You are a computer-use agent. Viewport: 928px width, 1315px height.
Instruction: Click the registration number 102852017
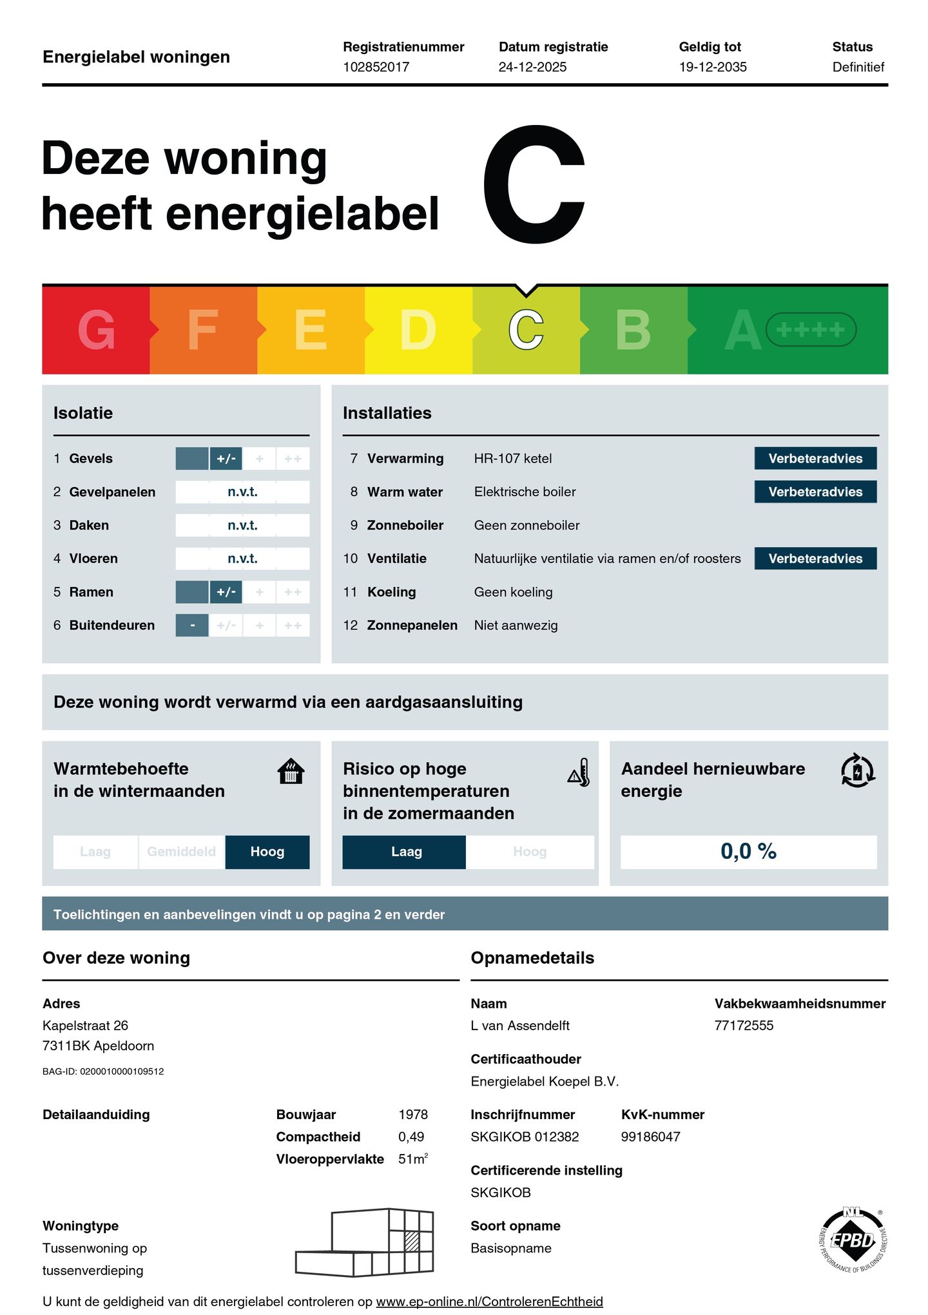click(376, 67)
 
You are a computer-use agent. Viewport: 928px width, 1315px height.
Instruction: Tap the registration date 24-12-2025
click(532, 67)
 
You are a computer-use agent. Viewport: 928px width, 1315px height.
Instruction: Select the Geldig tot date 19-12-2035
click(712, 67)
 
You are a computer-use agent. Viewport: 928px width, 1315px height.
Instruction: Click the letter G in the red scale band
click(96, 330)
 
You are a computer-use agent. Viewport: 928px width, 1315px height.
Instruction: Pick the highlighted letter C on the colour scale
click(526, 330)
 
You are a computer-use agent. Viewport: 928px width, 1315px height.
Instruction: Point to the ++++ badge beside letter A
click(810, 330)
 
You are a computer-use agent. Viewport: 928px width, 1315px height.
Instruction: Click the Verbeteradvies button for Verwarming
click(815, 458)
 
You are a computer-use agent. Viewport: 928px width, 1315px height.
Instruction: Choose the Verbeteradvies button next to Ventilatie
click(815, 559)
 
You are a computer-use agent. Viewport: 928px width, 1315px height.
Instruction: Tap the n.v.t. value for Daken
click(242, 525)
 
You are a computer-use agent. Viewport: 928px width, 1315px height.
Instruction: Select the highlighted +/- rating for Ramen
click(226, 592)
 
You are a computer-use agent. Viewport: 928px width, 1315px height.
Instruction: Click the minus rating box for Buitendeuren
click(192, 626)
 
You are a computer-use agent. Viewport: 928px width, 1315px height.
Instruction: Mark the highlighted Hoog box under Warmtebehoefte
click(267, 852)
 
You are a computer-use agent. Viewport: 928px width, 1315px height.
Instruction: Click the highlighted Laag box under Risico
click(406, 852)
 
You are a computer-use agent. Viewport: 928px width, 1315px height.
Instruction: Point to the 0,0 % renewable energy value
click(748, 852)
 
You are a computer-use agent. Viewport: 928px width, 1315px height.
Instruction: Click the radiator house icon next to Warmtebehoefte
click(291, 771)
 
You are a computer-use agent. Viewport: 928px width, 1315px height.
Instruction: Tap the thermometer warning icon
click(579, 773)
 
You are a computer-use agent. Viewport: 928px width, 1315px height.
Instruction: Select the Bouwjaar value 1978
click(413, 1115)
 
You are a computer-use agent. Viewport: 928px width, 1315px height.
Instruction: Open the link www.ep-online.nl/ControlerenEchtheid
click(489, 1301)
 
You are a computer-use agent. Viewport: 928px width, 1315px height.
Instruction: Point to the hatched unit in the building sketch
click(412, 1241)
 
